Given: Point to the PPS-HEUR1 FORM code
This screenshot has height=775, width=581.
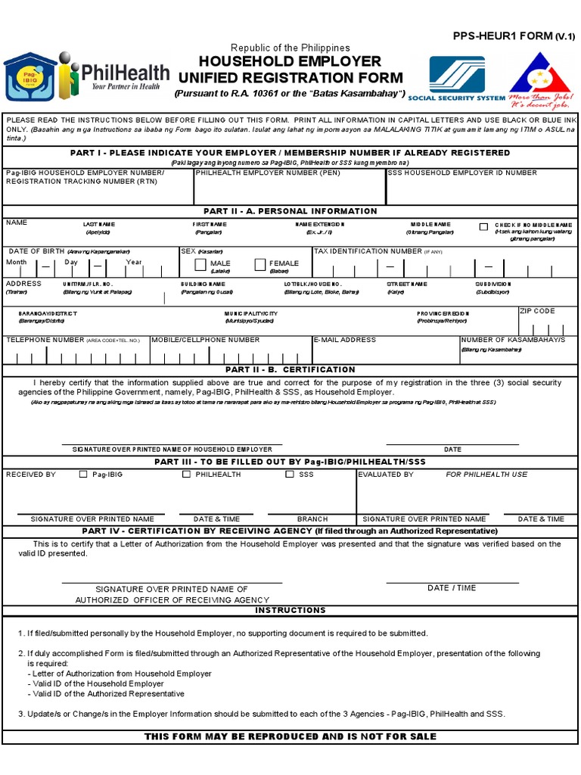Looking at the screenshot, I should pyautogui.click(x=514, y=36).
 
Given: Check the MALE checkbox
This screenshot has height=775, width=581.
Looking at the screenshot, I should pyautogui.click(x=200, y=264).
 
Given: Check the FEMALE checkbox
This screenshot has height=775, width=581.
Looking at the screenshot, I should pyautogui.click(x=260, y=264).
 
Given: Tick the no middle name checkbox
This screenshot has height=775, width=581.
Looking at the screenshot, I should pyautogui.click(x=483, y=226).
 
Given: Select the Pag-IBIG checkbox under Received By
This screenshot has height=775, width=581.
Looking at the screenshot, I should pyautogui.click(x=83, y=475).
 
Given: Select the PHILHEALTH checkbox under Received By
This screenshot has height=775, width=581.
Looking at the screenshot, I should pyautogui.click(x=186, y=475).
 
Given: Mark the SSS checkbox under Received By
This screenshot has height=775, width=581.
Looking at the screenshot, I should pyautogui.click(x=290, y=475).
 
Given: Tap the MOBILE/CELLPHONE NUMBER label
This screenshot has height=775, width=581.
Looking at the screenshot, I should pyautogui.click(x=206, y=340).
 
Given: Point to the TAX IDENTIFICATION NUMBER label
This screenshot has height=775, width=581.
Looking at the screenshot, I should pyautogui.click(x=368, y=251).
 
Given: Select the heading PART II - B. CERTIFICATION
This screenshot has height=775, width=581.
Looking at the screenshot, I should pyautogui.click(x=290, y=369).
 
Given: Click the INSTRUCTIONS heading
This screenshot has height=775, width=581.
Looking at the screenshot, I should pyautogui.click(x=290, y=610).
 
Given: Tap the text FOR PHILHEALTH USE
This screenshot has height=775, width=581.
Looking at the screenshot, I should pyautogui.click(x=486, y=475).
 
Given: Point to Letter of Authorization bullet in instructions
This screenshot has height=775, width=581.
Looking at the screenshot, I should pyautogui.click(x=122, y=674).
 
